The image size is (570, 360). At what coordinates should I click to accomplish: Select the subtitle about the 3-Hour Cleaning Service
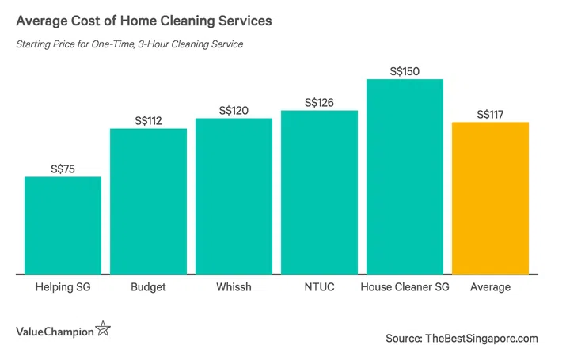(x=129, y=44)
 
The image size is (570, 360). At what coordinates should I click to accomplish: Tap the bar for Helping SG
(x=63, y=225)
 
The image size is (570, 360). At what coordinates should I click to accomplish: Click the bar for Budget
(x=148, y=202)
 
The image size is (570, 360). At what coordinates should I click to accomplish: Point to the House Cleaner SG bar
(x=405, y=177)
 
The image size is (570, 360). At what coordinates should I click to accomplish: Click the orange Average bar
(x=490, y=199)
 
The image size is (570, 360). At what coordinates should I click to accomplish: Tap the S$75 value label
(x=63, y=169)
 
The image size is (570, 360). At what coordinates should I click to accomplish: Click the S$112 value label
(x=148, y=120)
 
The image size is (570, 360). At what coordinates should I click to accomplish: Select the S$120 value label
(x=234, y=110)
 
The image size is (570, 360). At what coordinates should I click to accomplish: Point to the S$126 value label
(x=319, y=102)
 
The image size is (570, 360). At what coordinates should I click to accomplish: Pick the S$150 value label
(x=405, y=71)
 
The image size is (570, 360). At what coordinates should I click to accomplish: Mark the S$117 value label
(x=490, y=114)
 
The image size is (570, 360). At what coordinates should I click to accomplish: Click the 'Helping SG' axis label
(x=63, y=287)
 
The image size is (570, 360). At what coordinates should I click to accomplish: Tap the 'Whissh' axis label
(x=234, y=287)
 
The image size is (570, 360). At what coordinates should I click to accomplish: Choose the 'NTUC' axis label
(x=319, y=287)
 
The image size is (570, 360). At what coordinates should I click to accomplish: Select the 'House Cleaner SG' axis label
(x=405, y=287)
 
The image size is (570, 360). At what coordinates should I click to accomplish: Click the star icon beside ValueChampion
(x=102, y=328)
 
